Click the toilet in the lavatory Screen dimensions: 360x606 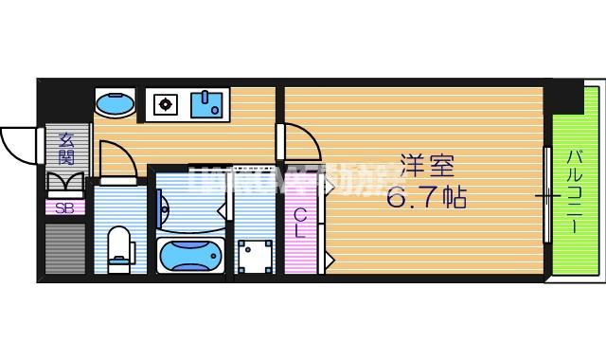pyautogui.click(x=118, y=248)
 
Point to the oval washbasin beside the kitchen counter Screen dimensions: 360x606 pyautogui.click(x=116, y=101)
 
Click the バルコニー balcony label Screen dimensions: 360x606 pyautogui.click(x=575, y=189)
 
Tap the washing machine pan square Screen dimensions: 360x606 pyautogui.click(x=254, y=256)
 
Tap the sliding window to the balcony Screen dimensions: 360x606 pyautogui.click(x=546, y=195)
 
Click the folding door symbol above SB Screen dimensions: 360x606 pyautogui.click(x=65, y=183)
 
